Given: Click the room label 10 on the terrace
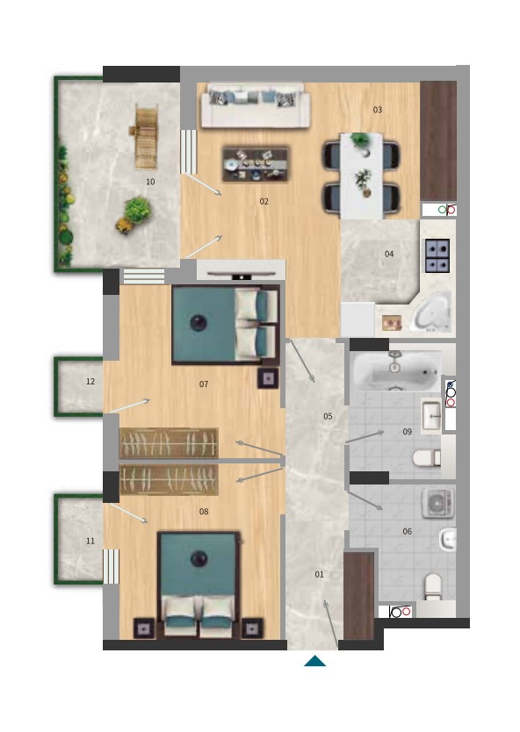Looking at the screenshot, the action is point(150,182).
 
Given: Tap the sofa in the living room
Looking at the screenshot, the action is point(255,105).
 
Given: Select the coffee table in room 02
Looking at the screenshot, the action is point(256,163).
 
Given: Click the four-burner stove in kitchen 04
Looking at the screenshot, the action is point(437,255).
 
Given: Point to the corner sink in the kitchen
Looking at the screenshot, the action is point(431,312).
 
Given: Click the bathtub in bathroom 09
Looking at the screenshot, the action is point(396,370).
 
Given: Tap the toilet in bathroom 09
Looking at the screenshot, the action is point(427,457).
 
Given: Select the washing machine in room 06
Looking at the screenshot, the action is point(438,503).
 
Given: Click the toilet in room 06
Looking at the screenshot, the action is point(433,586).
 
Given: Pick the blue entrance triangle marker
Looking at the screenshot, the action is point(314,661).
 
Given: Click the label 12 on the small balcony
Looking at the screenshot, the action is point(90,382).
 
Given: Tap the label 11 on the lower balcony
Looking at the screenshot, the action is point(90,541).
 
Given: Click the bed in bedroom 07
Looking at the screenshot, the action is point(226,325).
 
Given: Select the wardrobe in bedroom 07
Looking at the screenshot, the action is point(169,443).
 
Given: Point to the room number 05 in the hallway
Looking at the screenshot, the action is point(328,416).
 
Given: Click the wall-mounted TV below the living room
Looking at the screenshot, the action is point(241,276).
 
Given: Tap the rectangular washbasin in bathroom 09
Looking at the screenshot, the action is point(431,414).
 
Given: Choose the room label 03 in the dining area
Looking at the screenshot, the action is point(378,110).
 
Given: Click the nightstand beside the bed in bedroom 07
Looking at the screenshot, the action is point(268,378).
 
